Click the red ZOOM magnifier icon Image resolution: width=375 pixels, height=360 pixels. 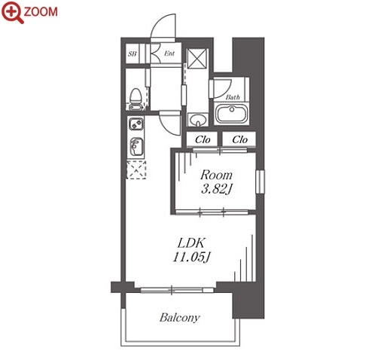(12, 12)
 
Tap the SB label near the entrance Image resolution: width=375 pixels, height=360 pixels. (133, 53)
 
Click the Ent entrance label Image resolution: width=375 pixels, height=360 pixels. (169, 53)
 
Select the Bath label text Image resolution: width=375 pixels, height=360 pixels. (233, 97)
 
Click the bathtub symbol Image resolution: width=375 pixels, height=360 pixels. (232, 114)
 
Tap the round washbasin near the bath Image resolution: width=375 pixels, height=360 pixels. (198, 121)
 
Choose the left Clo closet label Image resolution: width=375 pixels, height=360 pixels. (203, 139)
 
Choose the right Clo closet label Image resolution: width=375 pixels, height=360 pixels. (239, 139)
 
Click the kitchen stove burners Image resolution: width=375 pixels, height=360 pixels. (136, 124)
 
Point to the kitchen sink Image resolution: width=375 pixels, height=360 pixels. (136, 146)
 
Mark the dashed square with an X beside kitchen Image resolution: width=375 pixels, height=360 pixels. (136, 170)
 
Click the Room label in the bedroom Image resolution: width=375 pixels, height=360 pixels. (216, 175)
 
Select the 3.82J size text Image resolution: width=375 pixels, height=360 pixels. (216, 189)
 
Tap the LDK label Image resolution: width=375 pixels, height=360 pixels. (191, 243)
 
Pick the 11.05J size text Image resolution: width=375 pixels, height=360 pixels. (191, 257)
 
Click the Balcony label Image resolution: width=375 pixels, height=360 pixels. (180, 318)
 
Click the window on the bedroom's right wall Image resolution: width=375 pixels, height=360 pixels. (260, 182)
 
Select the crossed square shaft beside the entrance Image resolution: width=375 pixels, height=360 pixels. (198, 58)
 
